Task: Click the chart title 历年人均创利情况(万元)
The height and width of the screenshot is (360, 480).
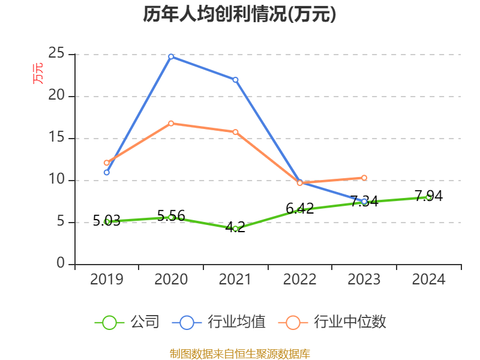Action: click(239, 14)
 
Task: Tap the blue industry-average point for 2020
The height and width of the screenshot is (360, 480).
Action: click(171, 56)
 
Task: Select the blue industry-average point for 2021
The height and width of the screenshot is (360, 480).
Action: click(235, 79)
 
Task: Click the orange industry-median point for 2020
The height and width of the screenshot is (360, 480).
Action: click(171, 123)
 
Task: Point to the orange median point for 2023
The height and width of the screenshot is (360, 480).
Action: click(364, 178)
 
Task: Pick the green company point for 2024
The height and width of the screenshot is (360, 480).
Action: click(428, 197)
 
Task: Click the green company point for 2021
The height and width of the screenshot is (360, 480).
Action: click(235, 229)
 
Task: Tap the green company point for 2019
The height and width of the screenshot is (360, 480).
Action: click(107, 221)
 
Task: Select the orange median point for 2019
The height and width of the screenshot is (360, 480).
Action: click(107, 163)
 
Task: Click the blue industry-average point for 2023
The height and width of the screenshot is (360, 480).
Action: click(364, 202)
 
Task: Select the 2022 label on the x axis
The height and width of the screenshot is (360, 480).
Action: click(299, 280)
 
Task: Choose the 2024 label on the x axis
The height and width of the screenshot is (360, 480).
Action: click(428, 280)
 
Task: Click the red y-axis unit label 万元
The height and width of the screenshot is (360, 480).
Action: click(38, 73)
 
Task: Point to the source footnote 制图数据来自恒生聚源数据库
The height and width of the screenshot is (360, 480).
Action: click(239, 353)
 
